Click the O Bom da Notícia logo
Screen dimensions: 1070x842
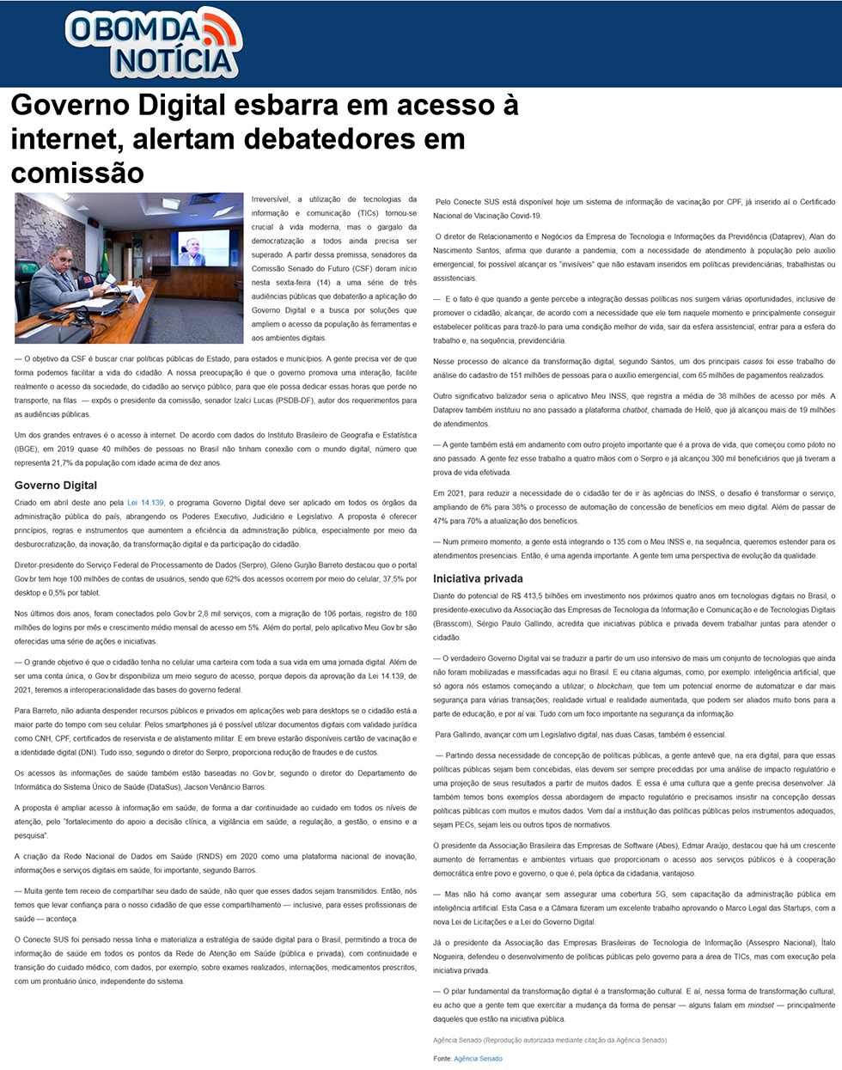[x=153, y=43]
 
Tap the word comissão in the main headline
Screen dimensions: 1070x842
[x=77, y=173]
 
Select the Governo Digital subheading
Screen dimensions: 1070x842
[x=56, y=486]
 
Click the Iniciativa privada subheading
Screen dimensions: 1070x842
[x=478, y=578]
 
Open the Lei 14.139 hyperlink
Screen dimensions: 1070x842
[x=145, y=503]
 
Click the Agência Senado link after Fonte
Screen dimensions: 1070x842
[x=478, y=1059]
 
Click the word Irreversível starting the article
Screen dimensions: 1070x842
[x=271, y=199]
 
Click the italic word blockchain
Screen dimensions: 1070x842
[x=614, y=686]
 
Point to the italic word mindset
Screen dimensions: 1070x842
[x=760, y=1005]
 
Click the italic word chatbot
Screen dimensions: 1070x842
[x=634, y=410]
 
